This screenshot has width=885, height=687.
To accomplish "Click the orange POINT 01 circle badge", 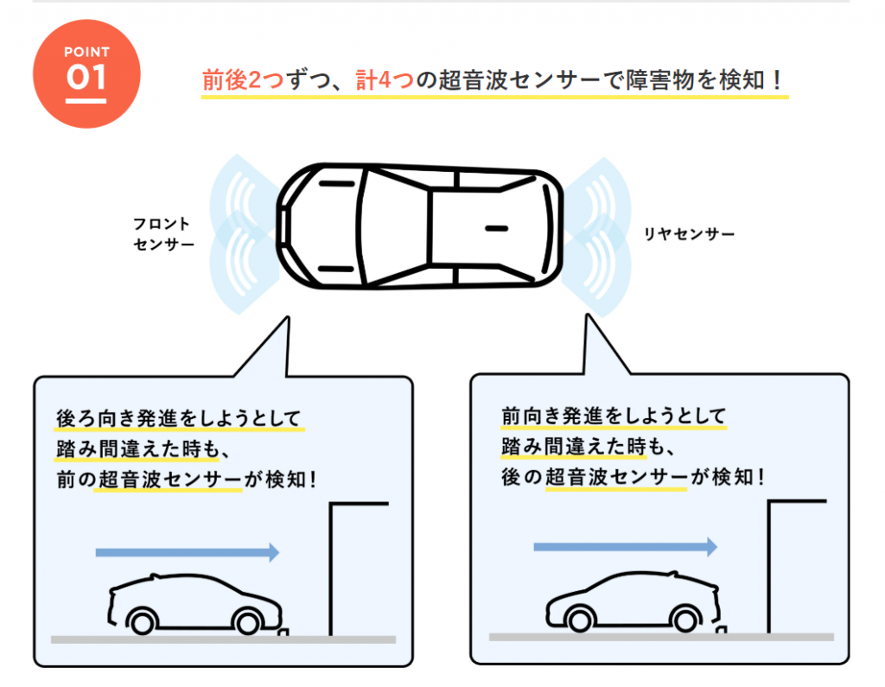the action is pos(86,74).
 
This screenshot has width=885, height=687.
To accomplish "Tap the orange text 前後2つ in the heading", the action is pos(243,80).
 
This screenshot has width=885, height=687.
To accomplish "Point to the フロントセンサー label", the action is pos(163,233).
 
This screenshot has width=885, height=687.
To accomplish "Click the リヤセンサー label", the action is pos(689,233).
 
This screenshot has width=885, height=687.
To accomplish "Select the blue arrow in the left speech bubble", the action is pos(188,552).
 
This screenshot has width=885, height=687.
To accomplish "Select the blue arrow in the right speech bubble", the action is pos(626,546).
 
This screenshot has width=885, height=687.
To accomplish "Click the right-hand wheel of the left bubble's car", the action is pos(248,623).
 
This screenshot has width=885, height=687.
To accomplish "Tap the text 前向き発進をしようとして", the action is pos(614,416).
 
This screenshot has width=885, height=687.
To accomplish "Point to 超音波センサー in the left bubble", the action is pos(169,480).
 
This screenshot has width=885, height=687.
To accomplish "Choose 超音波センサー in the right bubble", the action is pos(615,477).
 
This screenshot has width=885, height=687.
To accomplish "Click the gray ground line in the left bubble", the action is pos(224,639).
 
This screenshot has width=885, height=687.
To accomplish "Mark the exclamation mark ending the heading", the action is pos(778,80).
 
